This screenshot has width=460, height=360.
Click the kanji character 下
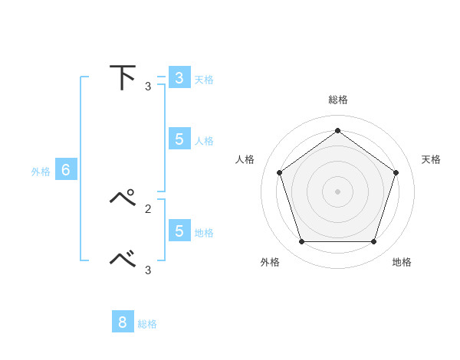pos(123,77)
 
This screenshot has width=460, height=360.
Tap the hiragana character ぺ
pos(123,198)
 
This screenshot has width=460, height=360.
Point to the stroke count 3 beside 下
pos(148,87)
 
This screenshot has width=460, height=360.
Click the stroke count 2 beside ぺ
pos(148,208)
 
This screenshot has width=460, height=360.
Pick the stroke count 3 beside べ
pos(148,270)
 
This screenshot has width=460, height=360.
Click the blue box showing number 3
pos(179,78)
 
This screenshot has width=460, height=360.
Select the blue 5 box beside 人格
pos(179,139)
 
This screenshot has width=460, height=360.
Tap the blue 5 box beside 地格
pos(179,231)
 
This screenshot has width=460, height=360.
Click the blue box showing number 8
pos(123,322)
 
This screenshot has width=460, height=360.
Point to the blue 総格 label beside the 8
pos(147,324)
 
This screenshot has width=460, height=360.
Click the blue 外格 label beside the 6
pos(41,172)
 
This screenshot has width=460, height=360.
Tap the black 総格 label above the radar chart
pos(337,100)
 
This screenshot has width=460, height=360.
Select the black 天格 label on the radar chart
pos(431,159)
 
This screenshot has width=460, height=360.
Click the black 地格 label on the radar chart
pos(402,262)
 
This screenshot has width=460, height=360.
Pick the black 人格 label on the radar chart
pos(245,159)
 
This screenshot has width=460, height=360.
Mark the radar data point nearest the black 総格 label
pos(337,130)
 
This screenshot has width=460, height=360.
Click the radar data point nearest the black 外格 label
pos(301,242)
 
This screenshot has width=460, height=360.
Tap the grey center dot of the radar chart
pos(337,191)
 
